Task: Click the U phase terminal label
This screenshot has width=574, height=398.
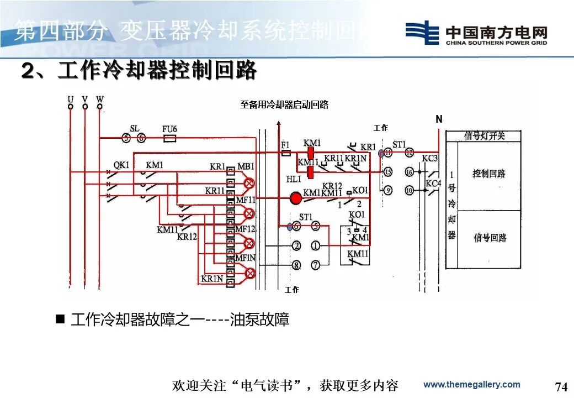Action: point(70,99)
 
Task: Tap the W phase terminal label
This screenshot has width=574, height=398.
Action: point(100,99)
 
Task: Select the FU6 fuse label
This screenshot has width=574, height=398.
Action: point(169,129)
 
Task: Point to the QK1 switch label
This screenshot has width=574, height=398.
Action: point(121,165)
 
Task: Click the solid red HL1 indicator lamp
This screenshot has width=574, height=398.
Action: point(296,198)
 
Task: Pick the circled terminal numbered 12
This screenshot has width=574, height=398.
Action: point(409,152)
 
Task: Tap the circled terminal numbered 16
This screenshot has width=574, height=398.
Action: point(409,172)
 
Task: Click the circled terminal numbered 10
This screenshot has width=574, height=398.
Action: point(409,190)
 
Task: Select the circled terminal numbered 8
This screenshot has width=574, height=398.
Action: point(296,265)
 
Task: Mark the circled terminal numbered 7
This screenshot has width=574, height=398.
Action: point(315,265)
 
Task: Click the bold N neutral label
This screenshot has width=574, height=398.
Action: point(439,119)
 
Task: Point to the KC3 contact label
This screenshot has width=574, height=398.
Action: point(430,159)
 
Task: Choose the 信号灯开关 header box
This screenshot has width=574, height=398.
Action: point(484,136)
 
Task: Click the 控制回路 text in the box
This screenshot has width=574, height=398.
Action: point(489,174)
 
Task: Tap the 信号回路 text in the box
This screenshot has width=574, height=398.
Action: point(490,238)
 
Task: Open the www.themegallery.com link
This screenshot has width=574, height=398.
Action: point(471,385)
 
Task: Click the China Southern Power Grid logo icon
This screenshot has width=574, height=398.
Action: point(422,33)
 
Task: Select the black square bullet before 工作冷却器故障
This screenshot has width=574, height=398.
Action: point(60,319)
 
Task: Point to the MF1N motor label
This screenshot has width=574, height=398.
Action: point(246,258)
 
